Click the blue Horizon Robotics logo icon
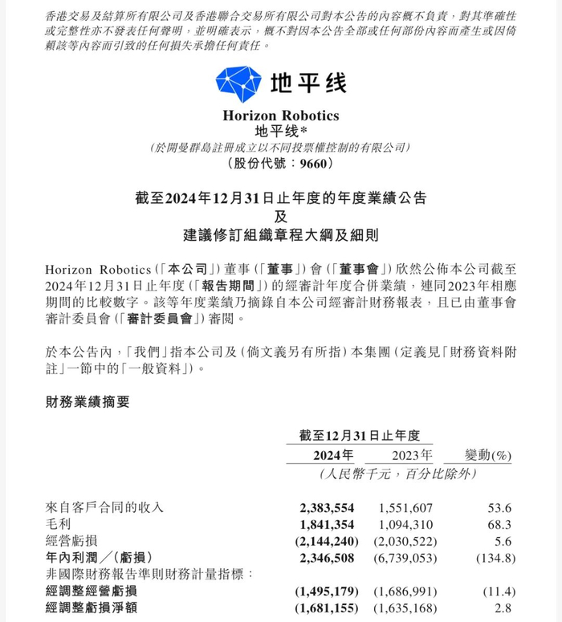tap(239, 83)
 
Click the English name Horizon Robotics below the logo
tap(281, 116)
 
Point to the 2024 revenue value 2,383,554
tap(332, 508)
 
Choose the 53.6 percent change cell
tap(503, 508)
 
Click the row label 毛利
tap(59, 524)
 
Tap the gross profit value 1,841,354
tap(332, 524)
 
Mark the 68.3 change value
tap(503, 524)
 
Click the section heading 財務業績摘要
tap(88, 402)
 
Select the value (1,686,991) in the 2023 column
tap(406, 591)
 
